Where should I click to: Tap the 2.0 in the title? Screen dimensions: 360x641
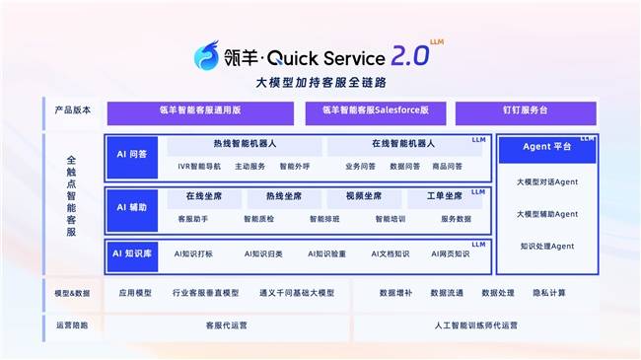404,55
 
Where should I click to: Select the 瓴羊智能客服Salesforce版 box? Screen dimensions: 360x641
376,110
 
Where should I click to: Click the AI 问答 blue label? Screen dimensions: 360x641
131,155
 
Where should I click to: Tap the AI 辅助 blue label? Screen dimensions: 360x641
131,207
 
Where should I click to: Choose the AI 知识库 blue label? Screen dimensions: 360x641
131,253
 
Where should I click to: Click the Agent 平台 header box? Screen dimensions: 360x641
546,149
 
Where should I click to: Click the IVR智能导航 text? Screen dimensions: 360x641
199,166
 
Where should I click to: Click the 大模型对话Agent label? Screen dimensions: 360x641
546,182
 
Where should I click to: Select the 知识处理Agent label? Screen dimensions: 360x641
546,246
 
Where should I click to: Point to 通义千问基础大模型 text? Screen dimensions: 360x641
296,293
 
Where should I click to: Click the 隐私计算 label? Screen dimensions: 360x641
549,293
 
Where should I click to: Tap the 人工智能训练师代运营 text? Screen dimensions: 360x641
475,324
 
